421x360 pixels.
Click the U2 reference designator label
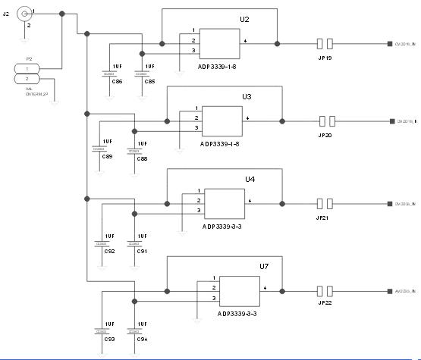[x=244, y=19]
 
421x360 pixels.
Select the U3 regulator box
[x=221, y=120]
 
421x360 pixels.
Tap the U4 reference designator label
[x=250, y=179]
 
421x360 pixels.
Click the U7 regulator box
[x=239, y=291]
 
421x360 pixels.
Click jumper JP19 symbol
[x=325, y=44]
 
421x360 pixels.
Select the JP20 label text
[x=325, y=135]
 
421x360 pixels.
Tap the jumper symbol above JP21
[x=325, y=204]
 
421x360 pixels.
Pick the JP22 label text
[x=324, y=303]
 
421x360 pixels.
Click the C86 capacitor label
[x=117, y=81]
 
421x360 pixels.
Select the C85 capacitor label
[x=149, y=81]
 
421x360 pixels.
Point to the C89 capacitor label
[x=107, y=156]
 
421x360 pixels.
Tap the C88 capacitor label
[x=142, y=158]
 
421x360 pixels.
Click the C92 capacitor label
[x=109, y=250]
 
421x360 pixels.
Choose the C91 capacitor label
[x=142, y=250]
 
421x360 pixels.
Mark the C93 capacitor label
[x=109, y=339]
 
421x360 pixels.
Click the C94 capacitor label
[x=142, y=339]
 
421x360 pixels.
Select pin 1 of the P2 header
[x=28, y=69]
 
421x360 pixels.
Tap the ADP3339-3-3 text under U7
[x=237, y=313]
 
